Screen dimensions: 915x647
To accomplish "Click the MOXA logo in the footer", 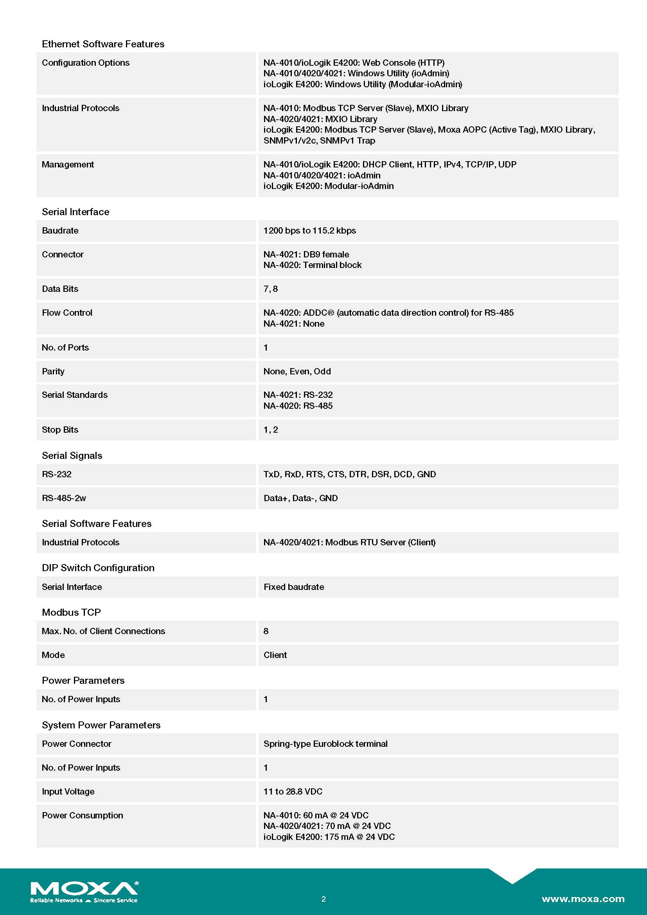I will click(x=84, y=892).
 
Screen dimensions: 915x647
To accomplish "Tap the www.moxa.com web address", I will click(x=582, y=899).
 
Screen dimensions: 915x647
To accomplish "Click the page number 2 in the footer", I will click(x=323, y=899).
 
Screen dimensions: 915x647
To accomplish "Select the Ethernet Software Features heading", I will click(x=103, y=44).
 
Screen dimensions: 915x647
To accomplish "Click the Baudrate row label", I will click(x=60, y=230).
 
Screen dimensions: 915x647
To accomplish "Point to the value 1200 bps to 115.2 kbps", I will click(x=309, y=230).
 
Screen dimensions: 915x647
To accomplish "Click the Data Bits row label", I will click(x=60, y=289).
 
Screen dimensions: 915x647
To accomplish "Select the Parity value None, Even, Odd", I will click(x=297, y=371).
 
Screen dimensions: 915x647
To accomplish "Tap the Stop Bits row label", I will click(x=60, y=429).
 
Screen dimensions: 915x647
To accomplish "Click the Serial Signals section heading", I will click(x=72, y=455).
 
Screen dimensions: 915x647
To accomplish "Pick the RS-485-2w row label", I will click(x=64, y=498).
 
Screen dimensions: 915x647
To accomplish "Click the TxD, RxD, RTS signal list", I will click(x=349, y=474).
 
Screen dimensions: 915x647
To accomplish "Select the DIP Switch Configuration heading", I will click(x=98, y=568).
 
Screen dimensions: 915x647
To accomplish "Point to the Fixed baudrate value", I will click(x=294, y=587).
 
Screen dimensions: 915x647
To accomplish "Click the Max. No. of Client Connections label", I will click(x=103, y=631).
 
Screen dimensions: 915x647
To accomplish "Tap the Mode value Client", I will click(x=275, y=655).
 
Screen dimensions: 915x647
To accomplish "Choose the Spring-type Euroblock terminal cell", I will click(x=325, y=744).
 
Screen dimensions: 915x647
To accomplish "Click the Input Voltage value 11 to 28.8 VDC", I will click(x=293, y=791).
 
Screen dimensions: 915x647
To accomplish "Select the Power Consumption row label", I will click(x=83, y=815).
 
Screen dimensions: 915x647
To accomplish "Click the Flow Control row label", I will click(x=67, y=313).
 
